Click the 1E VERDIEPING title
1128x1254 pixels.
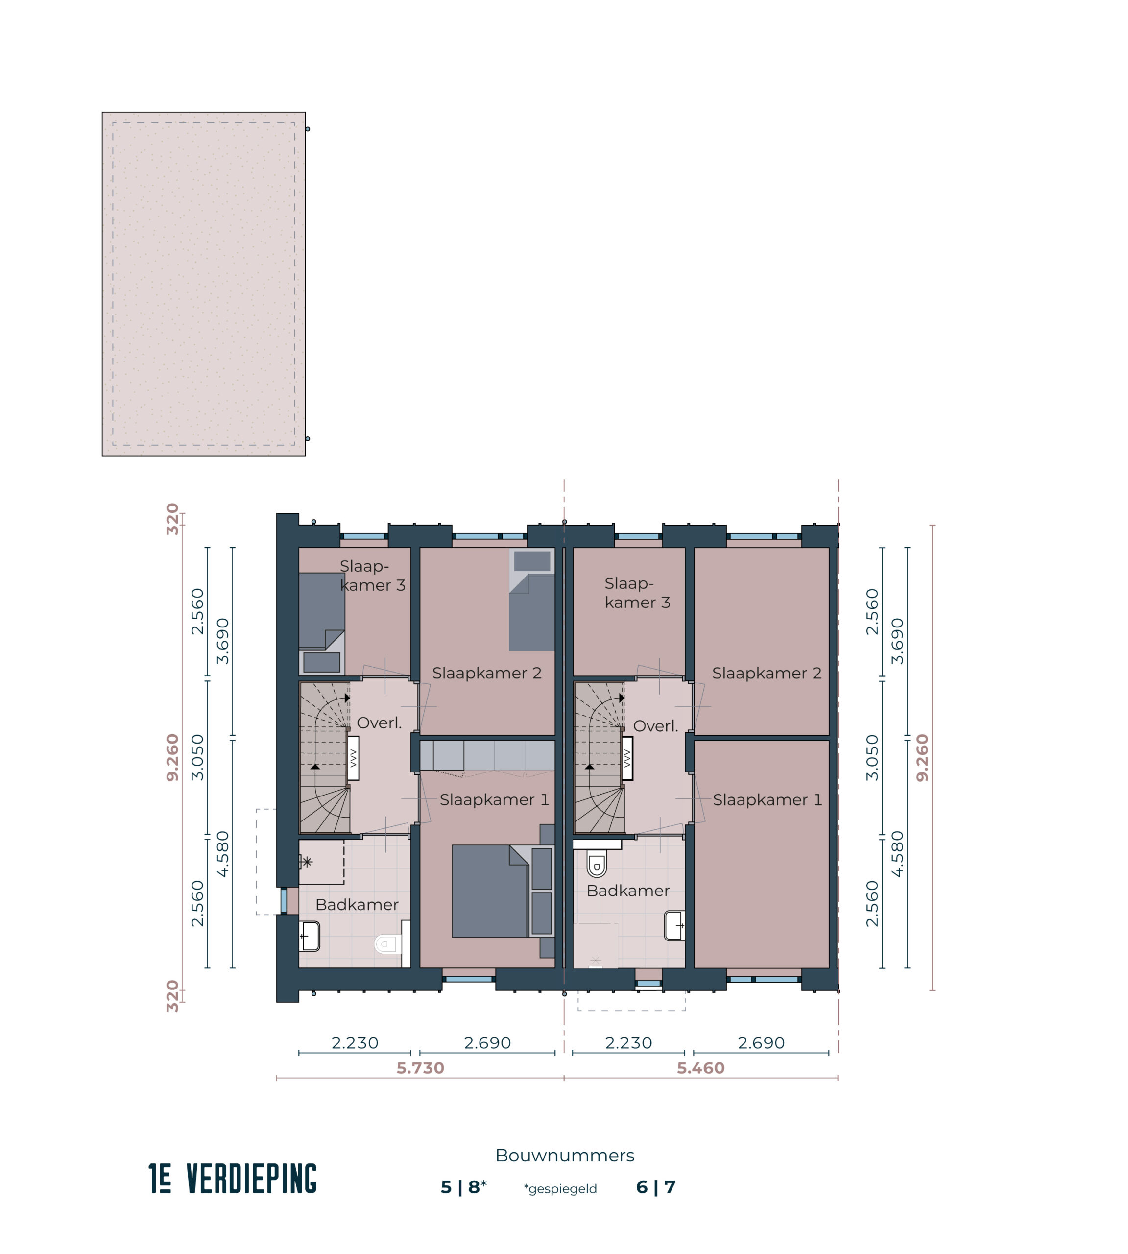(233, 1179)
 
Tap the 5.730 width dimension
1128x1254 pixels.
(420, 1068)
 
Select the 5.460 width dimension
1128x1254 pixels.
(700, 1068)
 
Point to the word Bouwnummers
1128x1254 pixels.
(565, 1156)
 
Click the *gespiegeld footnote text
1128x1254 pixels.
(560, 1189)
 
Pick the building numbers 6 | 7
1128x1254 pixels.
(656, 1187)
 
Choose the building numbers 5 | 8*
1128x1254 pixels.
(464, 1187)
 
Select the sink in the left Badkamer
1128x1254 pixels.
(310, 936)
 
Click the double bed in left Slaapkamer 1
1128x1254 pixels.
(490, 892)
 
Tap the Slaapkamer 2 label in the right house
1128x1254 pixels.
(767, 673)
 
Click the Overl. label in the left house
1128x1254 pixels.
(379, 723)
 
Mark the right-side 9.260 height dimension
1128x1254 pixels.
(923, 757)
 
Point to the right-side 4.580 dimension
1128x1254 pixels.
(897, 854)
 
